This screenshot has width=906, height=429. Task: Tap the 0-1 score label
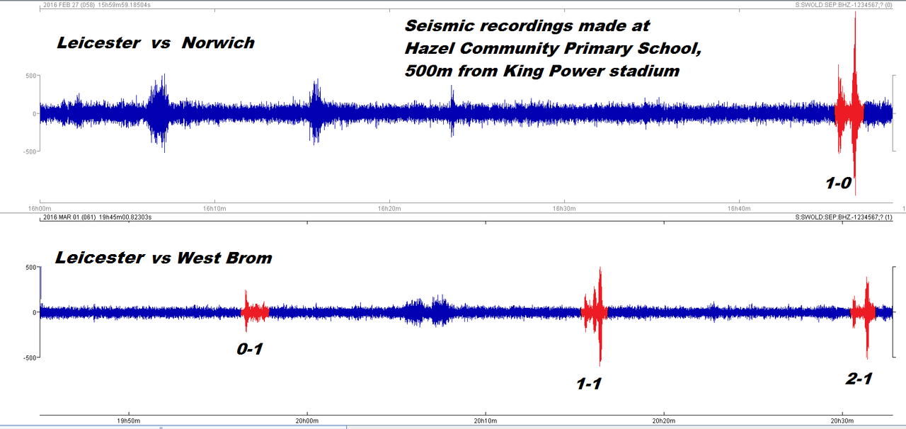[x=250, y=349]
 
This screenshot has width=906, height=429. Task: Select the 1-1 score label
[x=589, y=384]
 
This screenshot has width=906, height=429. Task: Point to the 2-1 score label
[x=859, y=379]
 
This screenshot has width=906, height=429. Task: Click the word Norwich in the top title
[x=218, y=42]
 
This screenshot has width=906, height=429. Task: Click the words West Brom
[x=224, y=258]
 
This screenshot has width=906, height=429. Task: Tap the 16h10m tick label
[x=214, y=208]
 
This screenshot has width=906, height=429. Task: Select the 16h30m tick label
[x=564, y=208]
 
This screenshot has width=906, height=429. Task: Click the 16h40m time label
[x=739, y=208]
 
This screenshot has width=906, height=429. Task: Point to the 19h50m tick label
[x=128, y=421]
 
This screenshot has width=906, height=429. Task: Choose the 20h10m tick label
[x=485, y=421]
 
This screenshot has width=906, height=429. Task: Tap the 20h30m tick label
[x=842, y=421]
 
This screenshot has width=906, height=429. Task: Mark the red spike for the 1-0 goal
[x=854, y=106]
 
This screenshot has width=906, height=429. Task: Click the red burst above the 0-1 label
[x=253, y=311]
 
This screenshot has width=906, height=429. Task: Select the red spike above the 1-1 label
[x=599, y=311]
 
